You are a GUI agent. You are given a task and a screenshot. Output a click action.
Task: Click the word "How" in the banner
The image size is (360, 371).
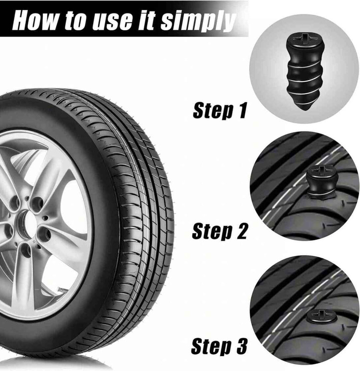tap(35, 20)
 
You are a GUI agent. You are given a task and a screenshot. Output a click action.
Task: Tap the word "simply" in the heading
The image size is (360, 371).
tap(198, 21)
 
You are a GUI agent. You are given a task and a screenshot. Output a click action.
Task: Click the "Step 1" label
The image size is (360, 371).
tap(220, 110)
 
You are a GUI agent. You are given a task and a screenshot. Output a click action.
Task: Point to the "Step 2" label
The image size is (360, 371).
tap(219, 231)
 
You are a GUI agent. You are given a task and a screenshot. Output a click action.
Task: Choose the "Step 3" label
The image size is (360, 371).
tap(219, 347)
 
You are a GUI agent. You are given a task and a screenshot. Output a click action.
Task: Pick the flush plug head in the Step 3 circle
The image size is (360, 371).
tap(322, 316)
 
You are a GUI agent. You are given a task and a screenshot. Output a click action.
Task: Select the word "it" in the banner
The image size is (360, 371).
tap(146, 20)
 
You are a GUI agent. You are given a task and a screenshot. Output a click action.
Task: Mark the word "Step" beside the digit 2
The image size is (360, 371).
tap(211, 231)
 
